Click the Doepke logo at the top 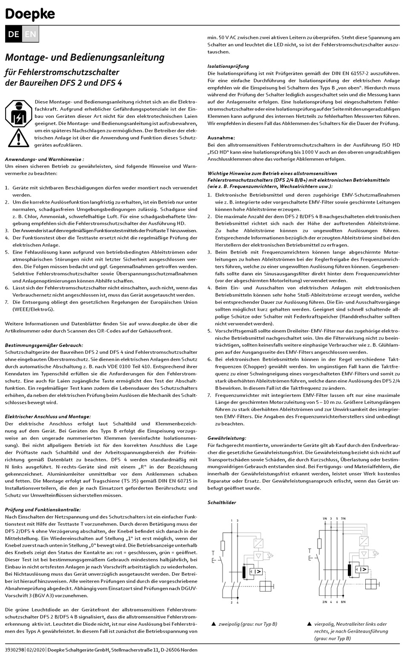(30, 14)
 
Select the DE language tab (13, 34)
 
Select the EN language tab (30, 34)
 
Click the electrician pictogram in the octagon (18, 113)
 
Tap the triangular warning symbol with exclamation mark (18, 137)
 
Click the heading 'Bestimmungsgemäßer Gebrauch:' (44, 345)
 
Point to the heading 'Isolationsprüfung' (228, 66)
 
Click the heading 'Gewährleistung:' (226, 438)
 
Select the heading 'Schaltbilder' (222, 502)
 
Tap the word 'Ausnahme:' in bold (221, 138)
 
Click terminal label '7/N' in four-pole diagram (344, 518)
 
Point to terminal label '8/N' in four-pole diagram (344, 602)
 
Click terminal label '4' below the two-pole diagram (237, 602)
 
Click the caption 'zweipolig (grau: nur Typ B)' (248, 624)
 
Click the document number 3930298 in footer (14, 650)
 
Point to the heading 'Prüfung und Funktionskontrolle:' (43, 510)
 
